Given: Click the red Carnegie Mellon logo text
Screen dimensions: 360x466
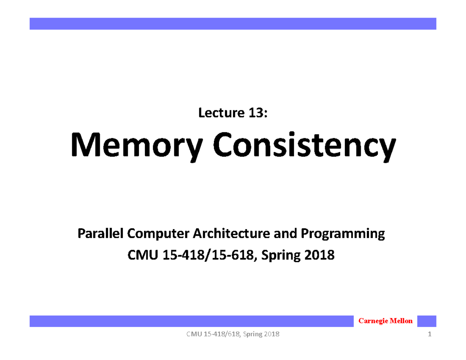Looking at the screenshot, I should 385,321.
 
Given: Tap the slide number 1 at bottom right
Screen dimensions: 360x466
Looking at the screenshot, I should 430,335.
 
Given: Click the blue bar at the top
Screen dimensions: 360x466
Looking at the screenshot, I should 233,23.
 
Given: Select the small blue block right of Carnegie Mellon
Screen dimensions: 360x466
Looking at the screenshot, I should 427,321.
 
